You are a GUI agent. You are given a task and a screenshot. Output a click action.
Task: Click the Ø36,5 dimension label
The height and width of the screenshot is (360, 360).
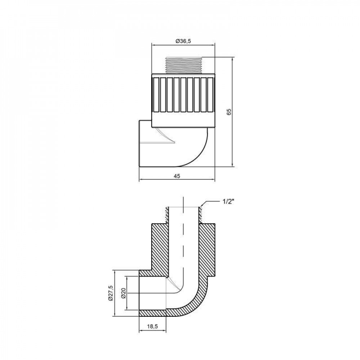click(x=183, y=41)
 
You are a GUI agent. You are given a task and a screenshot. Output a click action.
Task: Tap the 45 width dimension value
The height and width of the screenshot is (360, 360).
click(x=177, y=176)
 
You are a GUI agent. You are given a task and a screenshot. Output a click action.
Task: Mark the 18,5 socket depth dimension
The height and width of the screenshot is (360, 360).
click(x=152, y=327)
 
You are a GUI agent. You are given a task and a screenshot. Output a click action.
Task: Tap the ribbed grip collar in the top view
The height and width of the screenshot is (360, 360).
click(x=183, y=99)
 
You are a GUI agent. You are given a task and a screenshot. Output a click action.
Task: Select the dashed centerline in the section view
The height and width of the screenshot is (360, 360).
click(x=184, y=245)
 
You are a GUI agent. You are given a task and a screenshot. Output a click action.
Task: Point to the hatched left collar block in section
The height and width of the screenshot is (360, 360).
click(x=158, y=248)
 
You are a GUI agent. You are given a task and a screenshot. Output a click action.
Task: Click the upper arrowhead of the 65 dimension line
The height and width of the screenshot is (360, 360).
click(x=233, y=59)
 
